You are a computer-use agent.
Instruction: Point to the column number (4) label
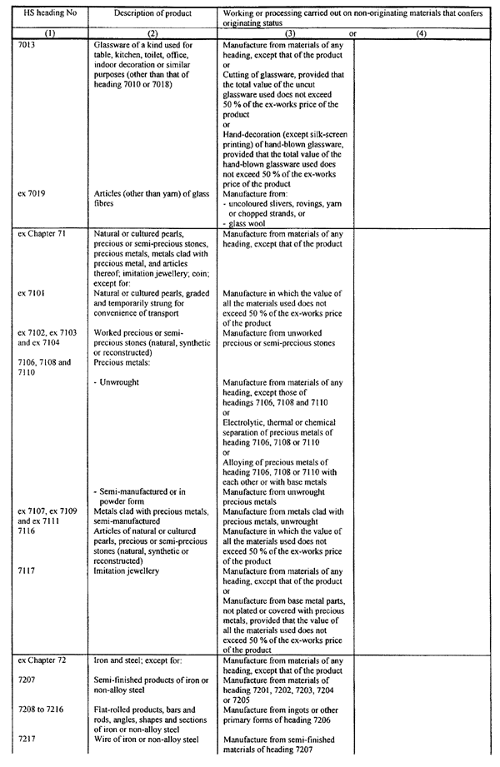tap(422, 33)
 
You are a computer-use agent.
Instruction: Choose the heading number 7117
tap(27, 570)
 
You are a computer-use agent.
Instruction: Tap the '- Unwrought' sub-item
tap(117, 382)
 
